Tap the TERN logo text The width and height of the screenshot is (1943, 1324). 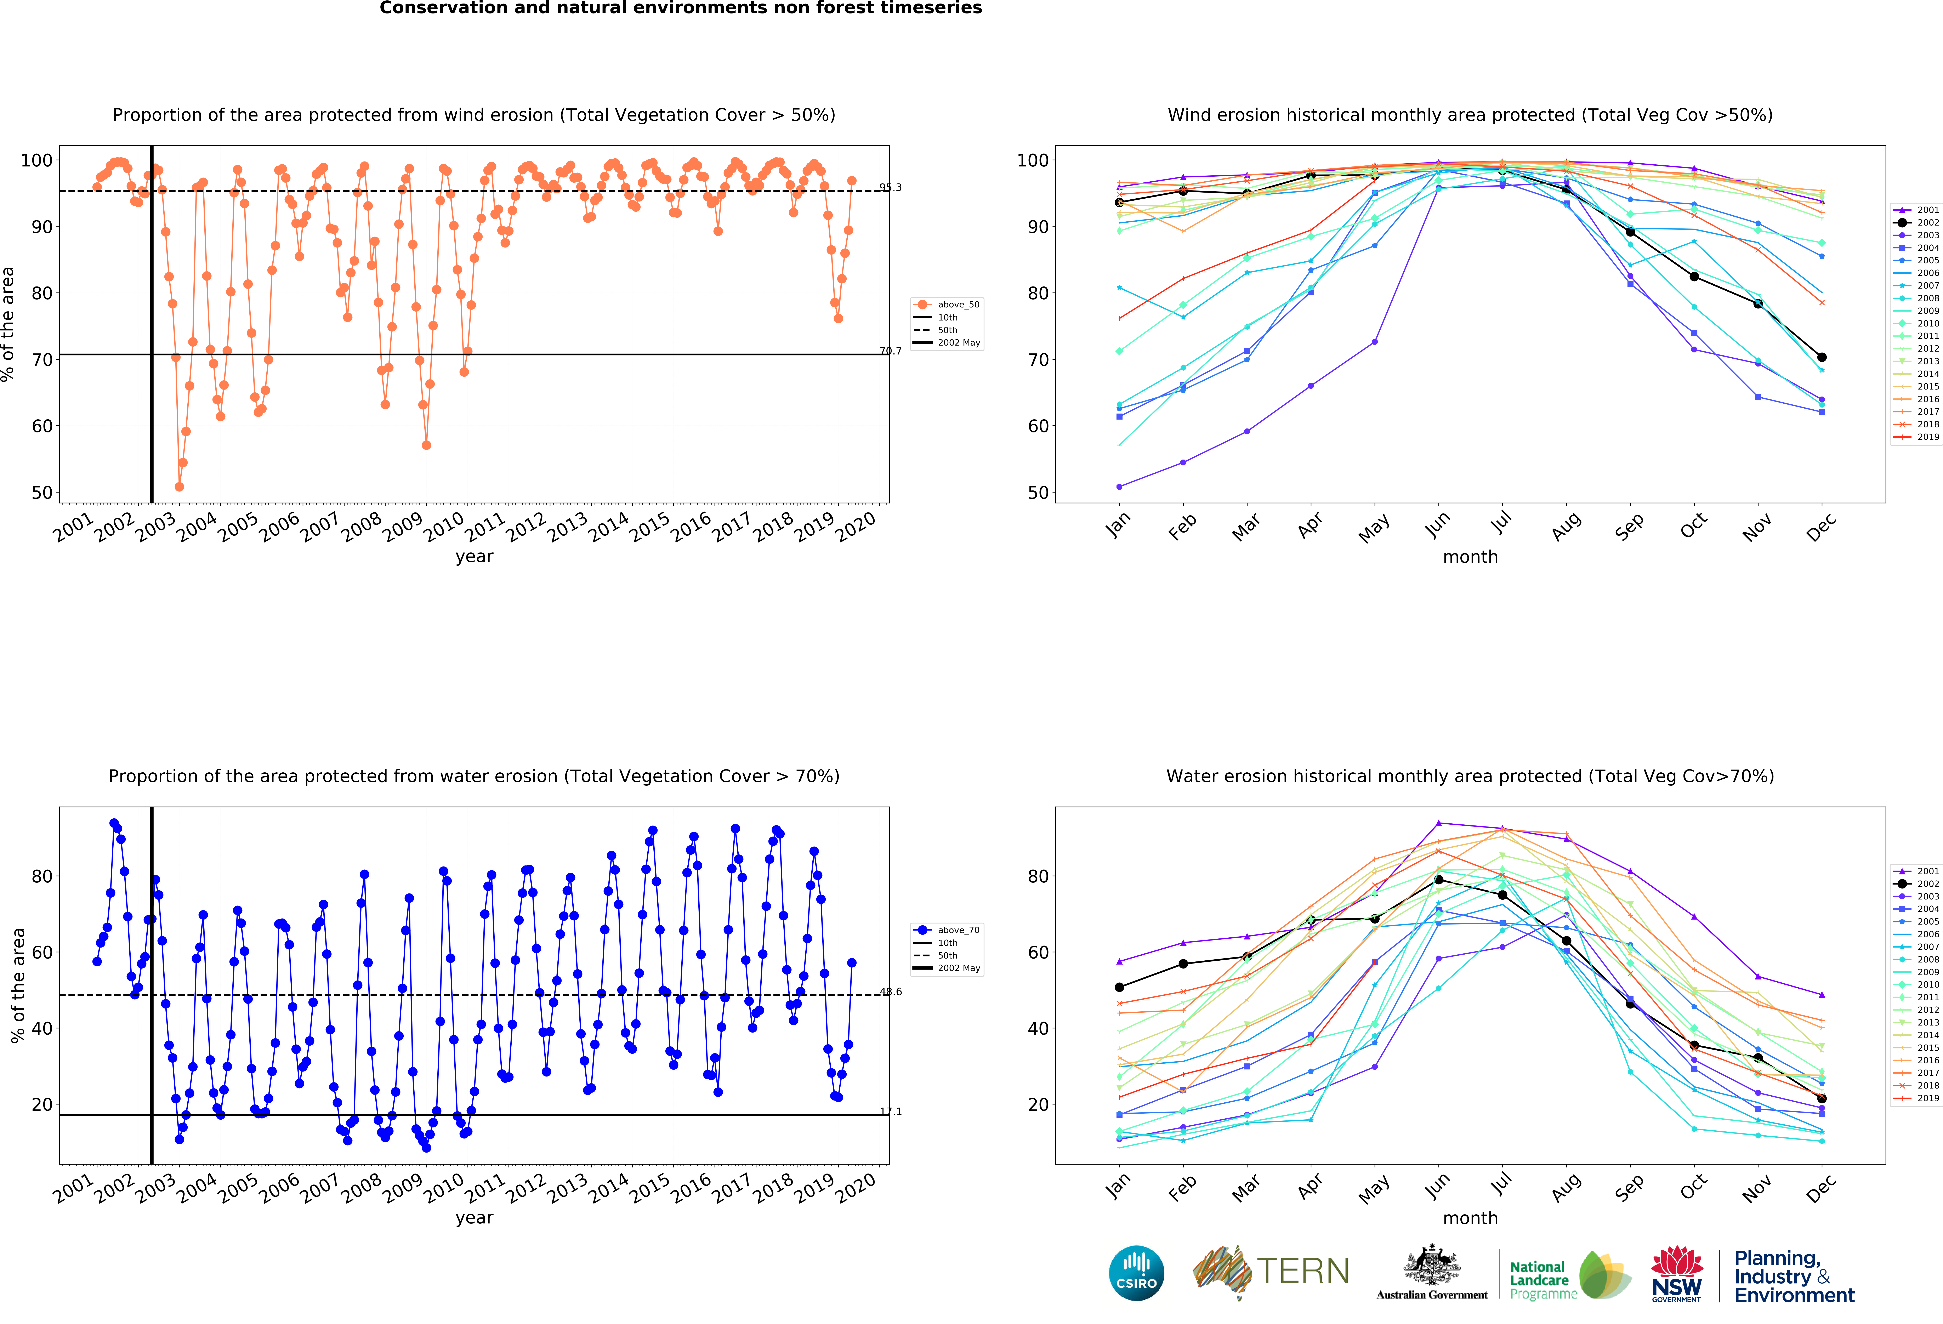(x=1303, y=1271)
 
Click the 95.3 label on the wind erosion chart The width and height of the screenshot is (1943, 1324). (x=890, y=187)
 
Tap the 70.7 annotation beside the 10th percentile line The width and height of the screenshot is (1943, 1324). (x=890, y=351)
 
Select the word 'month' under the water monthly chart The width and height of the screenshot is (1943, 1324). (x=1470, y=1218)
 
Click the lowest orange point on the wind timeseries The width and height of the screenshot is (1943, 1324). (x=179, y=487)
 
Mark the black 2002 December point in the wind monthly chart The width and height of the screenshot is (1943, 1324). (x=1822, y=357)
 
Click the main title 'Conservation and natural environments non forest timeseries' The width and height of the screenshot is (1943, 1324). (x=681, y=8)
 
